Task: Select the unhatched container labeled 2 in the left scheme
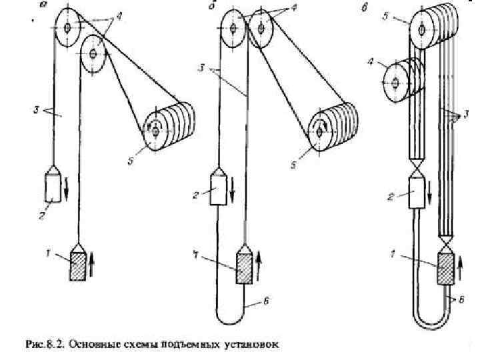click(x=53, y=187)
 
